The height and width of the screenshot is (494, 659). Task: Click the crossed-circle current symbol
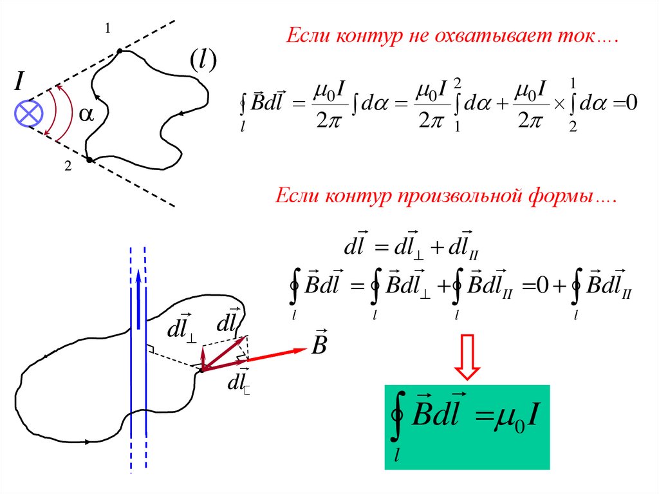pyautogui.click(x=29, y=115)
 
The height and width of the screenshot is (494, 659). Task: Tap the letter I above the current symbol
pyautogui.click(x=21, y=82)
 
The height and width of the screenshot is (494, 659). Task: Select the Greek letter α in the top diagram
pyautogui.click(x=86, y=114)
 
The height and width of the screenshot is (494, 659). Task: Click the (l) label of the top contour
pyautogui.click(x=202, y=61)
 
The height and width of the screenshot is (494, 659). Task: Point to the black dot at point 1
pyautogui.click(x=120, y=50)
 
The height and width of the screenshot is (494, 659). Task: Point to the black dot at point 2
pyautogui.click(x=89, y=159)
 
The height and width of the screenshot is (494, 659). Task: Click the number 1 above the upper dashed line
pyautogui.click(x=107, y=28)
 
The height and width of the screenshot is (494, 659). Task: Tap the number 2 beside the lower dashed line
pyautogui.click(x=67, y=167)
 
